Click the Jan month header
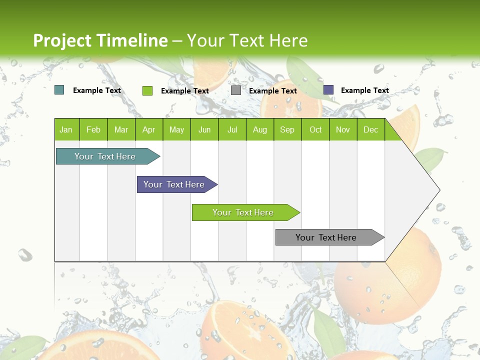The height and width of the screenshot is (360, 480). pyautogui.click(x=66, y=129)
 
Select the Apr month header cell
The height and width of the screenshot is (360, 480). pyautogui.click(x=148, y=129)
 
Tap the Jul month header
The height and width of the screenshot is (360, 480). pyautogui.click(x=232, y=129)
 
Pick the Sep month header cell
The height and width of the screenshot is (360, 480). pyautogui.click(x=287, y=129)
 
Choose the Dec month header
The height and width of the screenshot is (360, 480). pyautogui.click(x=370, y=129)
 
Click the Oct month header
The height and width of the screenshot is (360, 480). pyautogui.click(x=315, y=129)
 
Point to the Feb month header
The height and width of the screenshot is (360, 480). pyautogui.click(x=93, y=129)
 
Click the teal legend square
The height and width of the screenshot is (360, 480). pyautogui.click(x=59, y=90)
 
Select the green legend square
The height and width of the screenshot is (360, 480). pyautogui.click(x=147, y=90)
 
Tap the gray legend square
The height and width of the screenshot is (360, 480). pyautogui.click(x=236, y=90)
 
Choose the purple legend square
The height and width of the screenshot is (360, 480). pyautogui.click(x=328, y=90)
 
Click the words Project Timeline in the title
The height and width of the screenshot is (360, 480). pyautogui.click(x=100, y=40)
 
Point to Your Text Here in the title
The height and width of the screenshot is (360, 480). pyautogui.click(x=247, y=40)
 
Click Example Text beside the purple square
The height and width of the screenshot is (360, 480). pyautogui.click(x=364, y=90)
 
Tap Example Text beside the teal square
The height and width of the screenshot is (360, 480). pyautogui.click(x=97, y=90)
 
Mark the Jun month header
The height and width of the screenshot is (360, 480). pyautogui.click(x=204, y=129)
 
